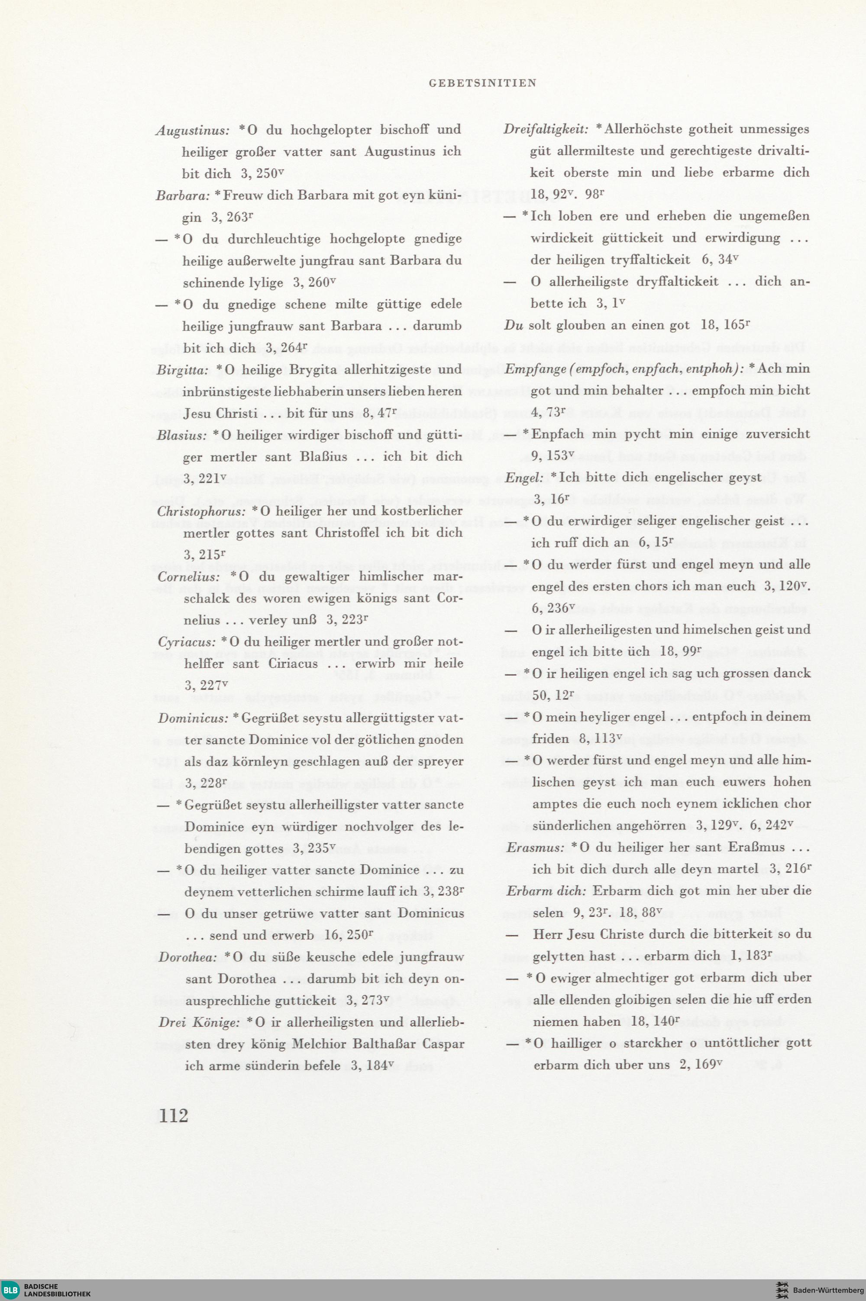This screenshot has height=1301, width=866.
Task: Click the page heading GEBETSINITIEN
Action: pos(482,84)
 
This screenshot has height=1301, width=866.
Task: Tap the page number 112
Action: pos(174,1116)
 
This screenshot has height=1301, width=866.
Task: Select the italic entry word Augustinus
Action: pos(192,130)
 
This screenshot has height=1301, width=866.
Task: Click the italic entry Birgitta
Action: pos(182,370)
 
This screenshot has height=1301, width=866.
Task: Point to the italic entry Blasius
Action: pos(181,436)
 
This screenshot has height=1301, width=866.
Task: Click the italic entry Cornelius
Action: pos(188,577)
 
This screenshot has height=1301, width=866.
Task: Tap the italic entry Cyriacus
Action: pos(187,642)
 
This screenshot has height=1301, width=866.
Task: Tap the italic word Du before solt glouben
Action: pos(514,325)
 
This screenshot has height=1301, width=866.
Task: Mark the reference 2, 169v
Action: pos(701,1064)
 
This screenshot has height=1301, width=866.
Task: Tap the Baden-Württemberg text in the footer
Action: pos(827,1291)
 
